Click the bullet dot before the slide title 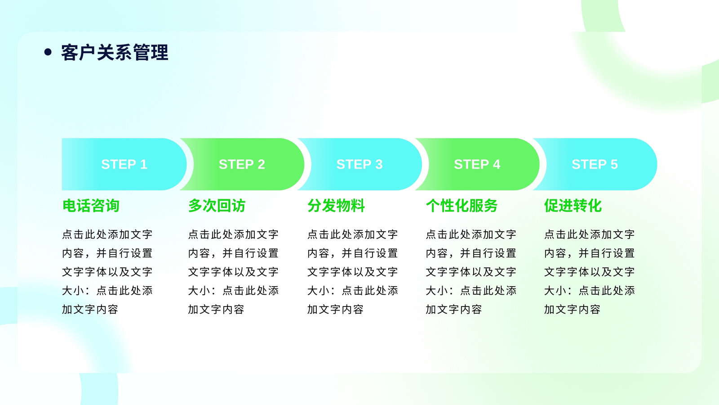(x=48, y=52)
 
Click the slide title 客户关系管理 (x=115, y=52)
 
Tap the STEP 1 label (x=124, y=164)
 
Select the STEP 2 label (x=242, y=164)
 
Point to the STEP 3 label (x=359, y=164)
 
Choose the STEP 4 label (x=477, y=164)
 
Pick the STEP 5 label (x=595, y=164)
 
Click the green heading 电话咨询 (x=91, y=206)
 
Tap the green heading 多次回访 (x=217, y=206)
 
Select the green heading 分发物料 (x=336, y=206)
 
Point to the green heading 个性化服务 (x=462, y=206)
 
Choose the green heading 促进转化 (x=573, y=206)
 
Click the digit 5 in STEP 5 (x=614, y=164)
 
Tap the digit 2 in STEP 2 (x=261, y=164)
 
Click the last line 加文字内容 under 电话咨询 (x=90, y=309)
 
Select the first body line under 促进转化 (x=589, y=234)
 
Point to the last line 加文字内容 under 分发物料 (x=335, y=309)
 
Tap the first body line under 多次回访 (x=233, y=234)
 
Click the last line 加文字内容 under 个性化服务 (x=454, y=309)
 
